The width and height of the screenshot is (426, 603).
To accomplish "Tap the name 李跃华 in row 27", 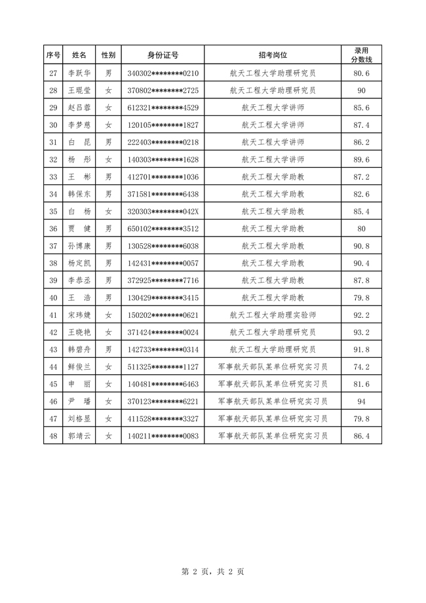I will click(x=80, y=73).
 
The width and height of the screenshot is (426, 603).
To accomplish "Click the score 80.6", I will click(x=361, y=73).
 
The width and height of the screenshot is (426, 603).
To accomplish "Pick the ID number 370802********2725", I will click(x=163, y=90).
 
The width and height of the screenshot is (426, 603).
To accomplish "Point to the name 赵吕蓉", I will click(x=80, y=107).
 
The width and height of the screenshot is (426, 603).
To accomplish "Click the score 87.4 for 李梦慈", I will click(x=361, y=125).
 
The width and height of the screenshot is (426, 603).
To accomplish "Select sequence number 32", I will click(x=54, y=159).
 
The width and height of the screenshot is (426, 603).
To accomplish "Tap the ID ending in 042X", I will click(x=163, y=211).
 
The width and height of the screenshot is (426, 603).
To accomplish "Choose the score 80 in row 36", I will click(x=361, y=229).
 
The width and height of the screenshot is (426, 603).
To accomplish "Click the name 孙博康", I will click(x=80, y=246).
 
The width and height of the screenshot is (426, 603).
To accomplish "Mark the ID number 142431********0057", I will click(x=163, y=263).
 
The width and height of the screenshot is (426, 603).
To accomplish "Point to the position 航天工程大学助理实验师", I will click(x=273, y=315).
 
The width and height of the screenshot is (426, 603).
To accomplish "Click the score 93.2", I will click(x=361, y=332).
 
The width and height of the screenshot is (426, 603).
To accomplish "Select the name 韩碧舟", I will click(x=80, y=349).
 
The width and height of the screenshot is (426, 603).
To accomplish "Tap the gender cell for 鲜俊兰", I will click(x=109, y=367).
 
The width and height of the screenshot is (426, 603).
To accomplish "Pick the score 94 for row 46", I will click(x=361, y=401).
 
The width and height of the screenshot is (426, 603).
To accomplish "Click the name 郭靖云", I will click(x=80, y=435).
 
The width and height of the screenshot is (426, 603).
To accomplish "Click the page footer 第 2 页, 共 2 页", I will click(x=212, y=572).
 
